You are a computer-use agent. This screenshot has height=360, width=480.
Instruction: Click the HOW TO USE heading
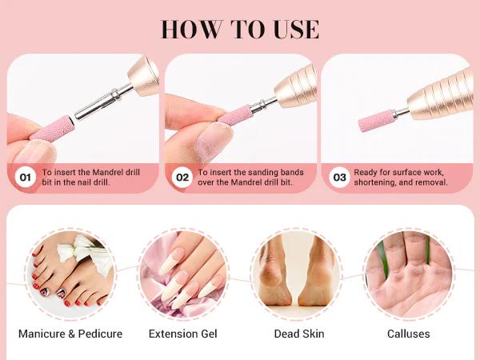coord(240,29)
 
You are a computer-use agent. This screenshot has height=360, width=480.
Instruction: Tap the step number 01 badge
coord(26,177)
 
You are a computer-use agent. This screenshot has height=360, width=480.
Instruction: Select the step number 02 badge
coord(182,177)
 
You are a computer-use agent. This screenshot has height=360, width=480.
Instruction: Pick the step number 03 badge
coord(339,177)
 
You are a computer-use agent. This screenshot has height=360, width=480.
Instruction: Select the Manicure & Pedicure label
coord(70,334)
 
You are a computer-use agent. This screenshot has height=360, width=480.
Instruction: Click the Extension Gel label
coord(183,334)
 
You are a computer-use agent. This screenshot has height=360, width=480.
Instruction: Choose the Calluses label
coord(408,334)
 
